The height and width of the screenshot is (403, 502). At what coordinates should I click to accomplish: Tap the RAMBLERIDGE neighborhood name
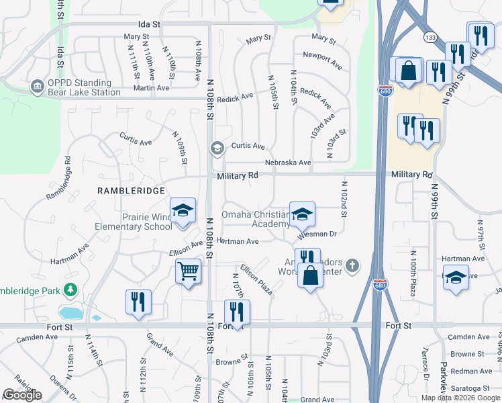coord(131,191)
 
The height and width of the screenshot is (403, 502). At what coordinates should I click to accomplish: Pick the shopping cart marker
coord(189,272)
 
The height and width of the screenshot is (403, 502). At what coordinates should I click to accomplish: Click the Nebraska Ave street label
coord(288,163)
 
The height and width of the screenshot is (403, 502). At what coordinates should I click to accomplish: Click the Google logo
coord(22,395)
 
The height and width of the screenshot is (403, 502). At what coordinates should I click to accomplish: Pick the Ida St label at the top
coord(150,24)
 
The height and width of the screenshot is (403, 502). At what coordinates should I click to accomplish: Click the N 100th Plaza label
coord(413,273)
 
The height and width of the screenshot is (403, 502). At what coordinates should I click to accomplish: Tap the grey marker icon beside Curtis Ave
coord(217,148)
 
